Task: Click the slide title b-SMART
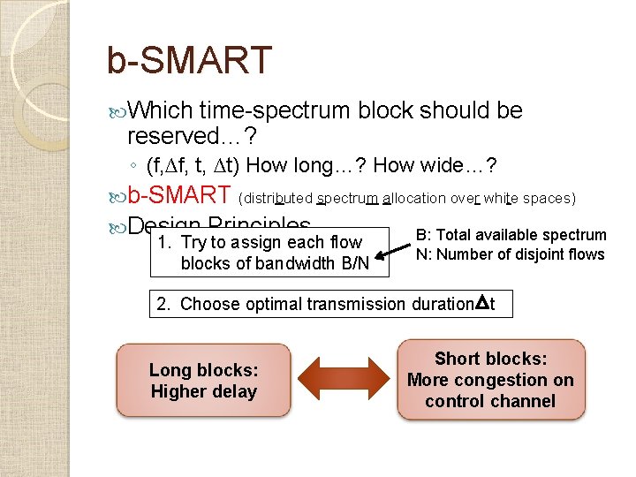tap(188, 60)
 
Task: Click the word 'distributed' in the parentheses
tap(276, 198)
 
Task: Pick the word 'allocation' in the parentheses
tap(413, 198)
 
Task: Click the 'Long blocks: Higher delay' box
tap(203, 381)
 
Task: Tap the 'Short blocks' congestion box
tap(490, 380)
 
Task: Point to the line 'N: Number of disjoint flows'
tap(511, 254)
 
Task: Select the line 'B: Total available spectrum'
tap(511, 235)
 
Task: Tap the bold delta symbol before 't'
tap(481, 304)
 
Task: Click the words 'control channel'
tap(490, 401)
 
